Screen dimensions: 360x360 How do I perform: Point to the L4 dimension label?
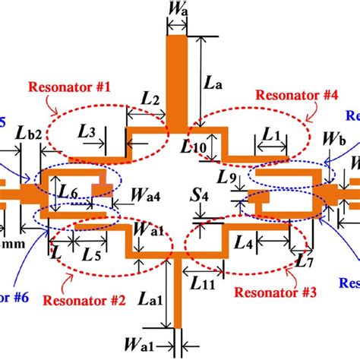point(244,245)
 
